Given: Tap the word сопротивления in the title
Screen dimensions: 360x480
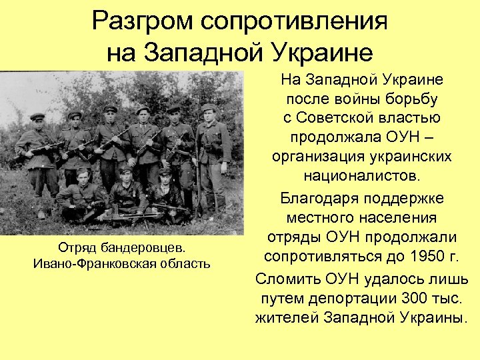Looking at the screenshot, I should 295,22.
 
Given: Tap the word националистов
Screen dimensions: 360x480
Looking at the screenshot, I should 362,177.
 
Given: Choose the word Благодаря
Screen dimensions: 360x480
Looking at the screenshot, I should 319,198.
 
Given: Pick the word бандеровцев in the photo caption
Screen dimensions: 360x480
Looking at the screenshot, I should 144,248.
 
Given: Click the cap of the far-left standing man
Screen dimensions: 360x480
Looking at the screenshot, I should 37,117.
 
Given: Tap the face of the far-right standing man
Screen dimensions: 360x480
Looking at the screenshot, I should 209,115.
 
